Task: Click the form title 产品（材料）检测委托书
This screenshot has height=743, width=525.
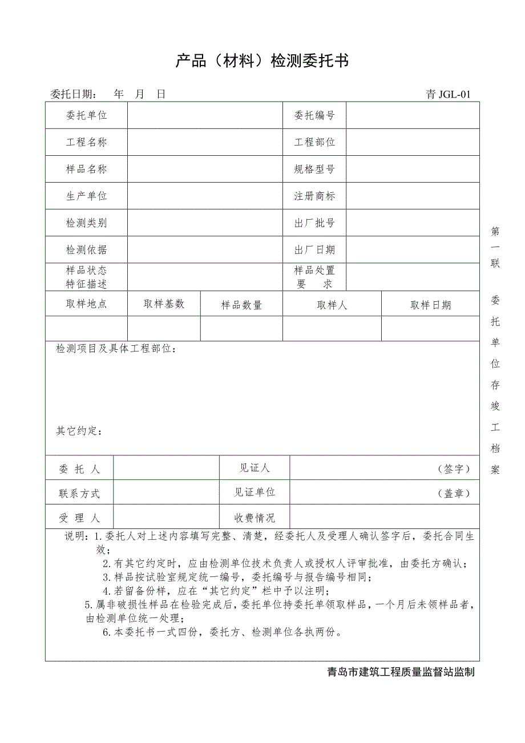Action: (x=262, y=61)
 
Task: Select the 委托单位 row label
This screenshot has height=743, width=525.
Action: (x=87, y=115)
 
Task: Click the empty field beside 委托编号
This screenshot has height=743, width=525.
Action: (x=412, y=115)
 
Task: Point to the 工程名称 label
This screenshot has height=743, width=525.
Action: (x=87, y=142)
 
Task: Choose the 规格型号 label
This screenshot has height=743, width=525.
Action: (x=314, y=169)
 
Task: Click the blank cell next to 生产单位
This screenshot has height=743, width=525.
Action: (x=205, y=196)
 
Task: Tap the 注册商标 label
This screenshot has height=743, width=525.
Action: (x=314, y=196)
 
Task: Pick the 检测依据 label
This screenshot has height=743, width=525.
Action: (x=87, y=249)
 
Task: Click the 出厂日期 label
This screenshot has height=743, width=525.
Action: (x=314, y=249)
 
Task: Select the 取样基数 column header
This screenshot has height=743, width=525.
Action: (x=164, y=304)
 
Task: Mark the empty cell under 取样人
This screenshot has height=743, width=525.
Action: (x=332, y=329)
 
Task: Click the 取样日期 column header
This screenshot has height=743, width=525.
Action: (x=430, y=305)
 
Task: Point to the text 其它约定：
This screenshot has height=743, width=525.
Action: (x=79, y=430)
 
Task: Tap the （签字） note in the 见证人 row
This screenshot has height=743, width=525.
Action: (x=454, y=469)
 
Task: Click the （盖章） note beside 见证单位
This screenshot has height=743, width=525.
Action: (x=454, y=494)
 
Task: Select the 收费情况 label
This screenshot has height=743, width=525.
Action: (x=255, y=518)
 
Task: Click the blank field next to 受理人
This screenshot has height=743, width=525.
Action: (x=166, y=518)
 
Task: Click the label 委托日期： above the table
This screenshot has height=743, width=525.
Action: (x=74, y=95)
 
